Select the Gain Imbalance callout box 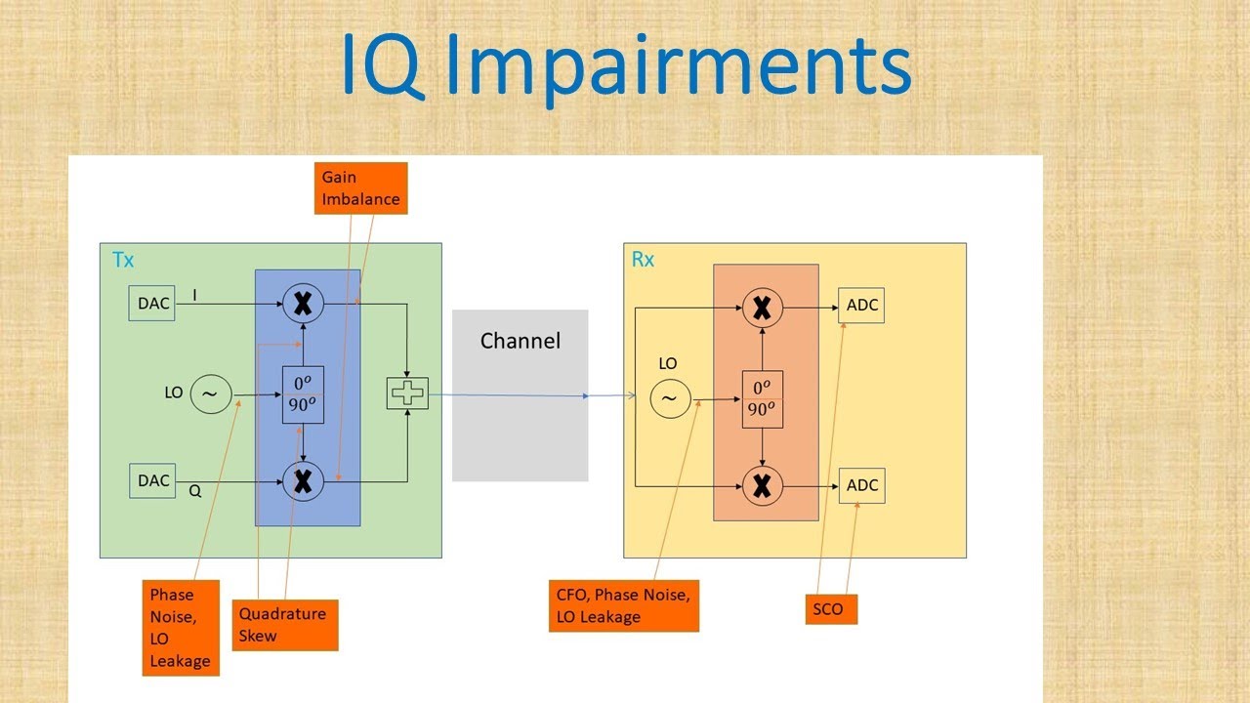(361, 188)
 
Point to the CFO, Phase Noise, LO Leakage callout (623, 605)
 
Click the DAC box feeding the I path (152, 304)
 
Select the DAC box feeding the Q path (152, 480)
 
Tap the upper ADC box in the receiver (861, 306)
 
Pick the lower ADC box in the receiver (861, 485)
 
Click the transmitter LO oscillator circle (209, 394)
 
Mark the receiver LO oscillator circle (670, 397)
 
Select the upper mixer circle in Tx (303, 304)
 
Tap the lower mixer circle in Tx (303, 481)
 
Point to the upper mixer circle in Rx (762, 308)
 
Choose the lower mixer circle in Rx (762, 485)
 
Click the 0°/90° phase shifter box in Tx (303, 393)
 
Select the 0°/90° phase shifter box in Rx (762, 398)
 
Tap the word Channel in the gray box (521, 341)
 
